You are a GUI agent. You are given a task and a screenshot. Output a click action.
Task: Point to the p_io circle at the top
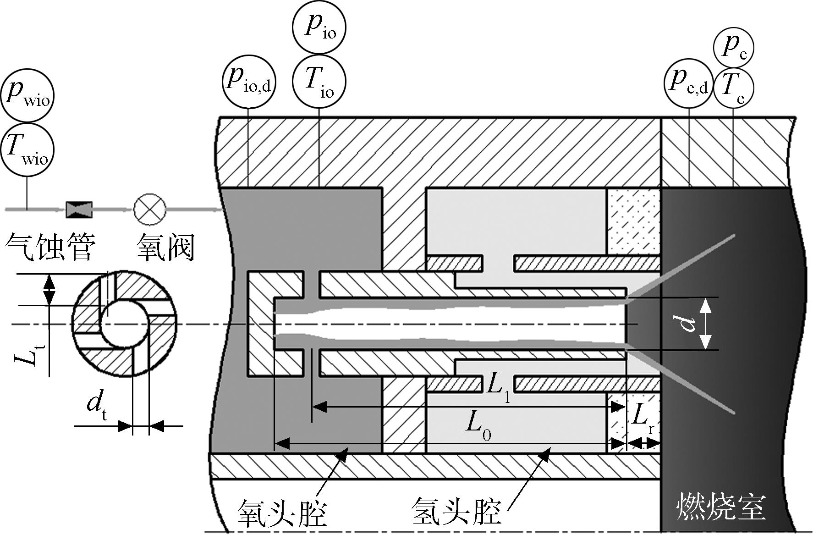pos(319,28)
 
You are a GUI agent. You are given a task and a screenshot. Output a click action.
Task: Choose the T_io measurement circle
pos(319,82)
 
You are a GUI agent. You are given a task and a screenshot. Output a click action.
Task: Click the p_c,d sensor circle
pos(689,83)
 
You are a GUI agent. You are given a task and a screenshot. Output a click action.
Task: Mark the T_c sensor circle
pos(734,88)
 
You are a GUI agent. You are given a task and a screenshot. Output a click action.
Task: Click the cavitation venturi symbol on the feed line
pos(79,209)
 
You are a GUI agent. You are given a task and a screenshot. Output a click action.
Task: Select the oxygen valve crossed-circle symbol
pos(149,209)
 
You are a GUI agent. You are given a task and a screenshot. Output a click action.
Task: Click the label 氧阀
pos(165,248)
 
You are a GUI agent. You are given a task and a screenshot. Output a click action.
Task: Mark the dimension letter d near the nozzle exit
pos(687,323)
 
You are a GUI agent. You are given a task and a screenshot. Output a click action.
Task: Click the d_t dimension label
pos(97,406)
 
